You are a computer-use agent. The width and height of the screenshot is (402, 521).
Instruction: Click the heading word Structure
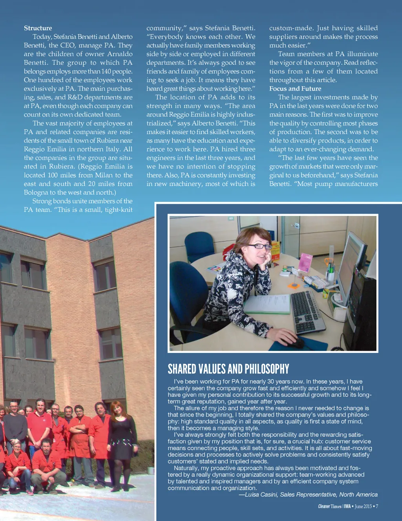(38, 28)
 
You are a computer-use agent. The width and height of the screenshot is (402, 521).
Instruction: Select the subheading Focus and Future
(295, 89)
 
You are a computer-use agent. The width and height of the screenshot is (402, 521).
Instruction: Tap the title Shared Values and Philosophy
(228, 369)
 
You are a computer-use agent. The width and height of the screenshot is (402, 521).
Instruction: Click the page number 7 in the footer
(377, 506)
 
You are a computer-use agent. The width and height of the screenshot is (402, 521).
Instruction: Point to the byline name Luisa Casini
(261, 495)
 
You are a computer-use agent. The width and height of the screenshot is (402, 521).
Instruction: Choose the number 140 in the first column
(107, 71)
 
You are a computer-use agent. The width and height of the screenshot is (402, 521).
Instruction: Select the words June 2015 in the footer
(363, 506)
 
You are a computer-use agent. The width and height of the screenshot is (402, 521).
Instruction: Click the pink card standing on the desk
(305, 263)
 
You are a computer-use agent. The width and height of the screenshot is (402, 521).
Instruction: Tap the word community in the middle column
(164, 28)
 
